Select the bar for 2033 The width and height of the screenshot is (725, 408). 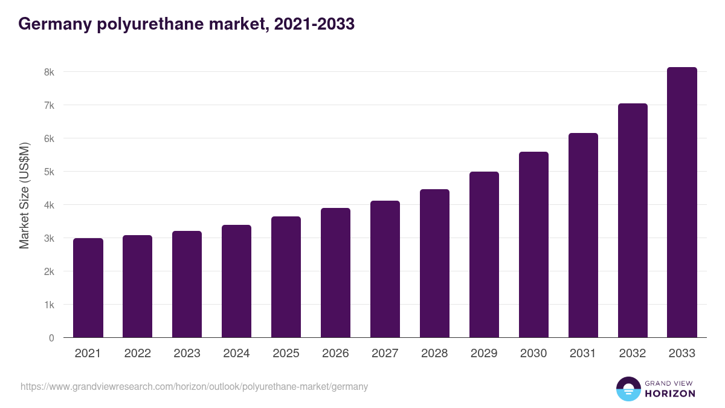click(x=682, y=202)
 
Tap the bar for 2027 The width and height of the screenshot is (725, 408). click(x=385, y=269)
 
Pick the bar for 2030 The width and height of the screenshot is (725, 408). click(x=533, y=245)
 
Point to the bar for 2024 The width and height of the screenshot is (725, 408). click(x=236, y=281)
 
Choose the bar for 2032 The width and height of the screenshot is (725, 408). click(x=633, y=221)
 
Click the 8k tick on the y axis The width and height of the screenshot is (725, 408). click(x=48, y=72)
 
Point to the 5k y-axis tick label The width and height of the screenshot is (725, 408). click(x=48, y=172)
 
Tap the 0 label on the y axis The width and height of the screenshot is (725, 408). click(x=51, y=338)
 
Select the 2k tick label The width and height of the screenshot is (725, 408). click(x=48, y=271)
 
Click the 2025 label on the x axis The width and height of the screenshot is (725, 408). click(x=286, y=354)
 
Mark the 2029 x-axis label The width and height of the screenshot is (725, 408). click(x=484, y=354)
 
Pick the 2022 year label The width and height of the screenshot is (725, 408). click(x=137, y=354)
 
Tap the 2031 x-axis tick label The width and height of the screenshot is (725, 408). click(x=583, y=354)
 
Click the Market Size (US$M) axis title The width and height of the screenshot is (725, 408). click(x=24, y=196)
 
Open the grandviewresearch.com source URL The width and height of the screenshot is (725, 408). click(x=194, y=386)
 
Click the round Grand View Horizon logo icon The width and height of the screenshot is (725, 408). click(x=628, y=389)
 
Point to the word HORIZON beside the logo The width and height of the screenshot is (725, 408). click(x=669, y=393)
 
